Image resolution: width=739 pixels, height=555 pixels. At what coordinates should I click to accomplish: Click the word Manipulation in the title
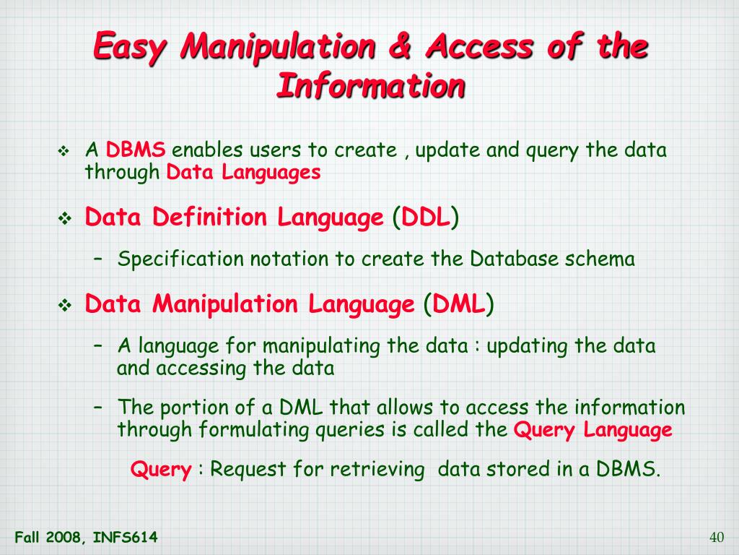coord(279,48)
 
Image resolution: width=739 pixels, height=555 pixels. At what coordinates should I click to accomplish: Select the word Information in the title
coord(370,87)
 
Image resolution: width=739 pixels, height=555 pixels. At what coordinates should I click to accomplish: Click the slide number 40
coord(717,537)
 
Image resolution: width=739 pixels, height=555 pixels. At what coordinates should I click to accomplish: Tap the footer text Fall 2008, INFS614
coord(86,537)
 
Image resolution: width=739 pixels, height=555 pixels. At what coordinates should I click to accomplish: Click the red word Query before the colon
coord(160,469)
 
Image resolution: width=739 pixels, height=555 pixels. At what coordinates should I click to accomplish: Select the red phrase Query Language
coord(592,430)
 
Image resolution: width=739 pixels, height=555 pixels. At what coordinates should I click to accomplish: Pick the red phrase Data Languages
coord(243,172)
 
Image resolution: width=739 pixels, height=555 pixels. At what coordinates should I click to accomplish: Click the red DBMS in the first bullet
coord(136,151)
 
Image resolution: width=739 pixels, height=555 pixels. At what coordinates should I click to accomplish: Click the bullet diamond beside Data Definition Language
coord(63,218)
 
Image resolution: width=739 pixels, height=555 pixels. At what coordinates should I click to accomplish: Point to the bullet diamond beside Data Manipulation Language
coord(63,306)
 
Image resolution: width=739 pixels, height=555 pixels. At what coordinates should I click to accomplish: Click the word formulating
coord(256,430)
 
